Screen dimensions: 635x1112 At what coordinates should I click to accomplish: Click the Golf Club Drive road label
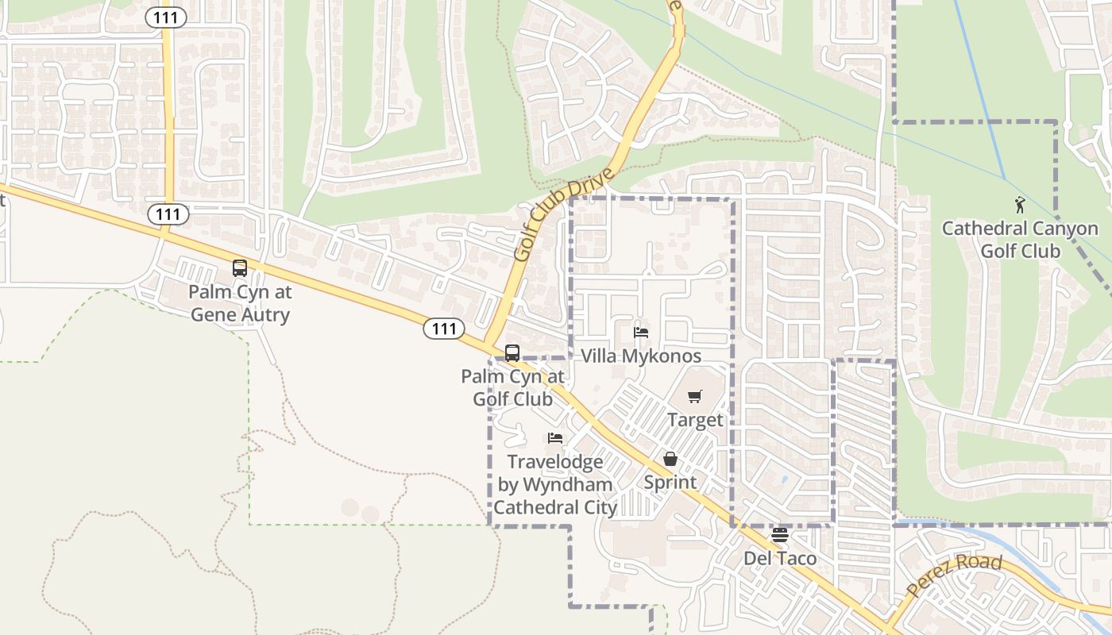tap(565, 214)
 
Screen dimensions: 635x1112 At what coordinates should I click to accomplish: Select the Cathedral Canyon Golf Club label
tap(1021, 240)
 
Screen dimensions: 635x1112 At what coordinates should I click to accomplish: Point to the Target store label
tap(695, 420)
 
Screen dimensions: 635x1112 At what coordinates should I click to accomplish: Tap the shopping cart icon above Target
tap(695, 396)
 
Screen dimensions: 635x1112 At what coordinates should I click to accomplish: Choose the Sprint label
tap(670, 482)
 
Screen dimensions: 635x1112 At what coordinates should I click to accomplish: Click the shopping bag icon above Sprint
tap(670, 459)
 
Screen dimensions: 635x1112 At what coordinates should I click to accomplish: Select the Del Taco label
tap(779, 558)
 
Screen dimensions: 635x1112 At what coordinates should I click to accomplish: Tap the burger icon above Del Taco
tap(779, 535)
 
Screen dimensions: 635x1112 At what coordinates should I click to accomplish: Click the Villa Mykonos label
tap(641, 356)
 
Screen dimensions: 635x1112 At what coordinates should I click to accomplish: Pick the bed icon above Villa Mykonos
tap(641, 333)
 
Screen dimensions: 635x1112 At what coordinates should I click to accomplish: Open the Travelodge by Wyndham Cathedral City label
tap(556, 484)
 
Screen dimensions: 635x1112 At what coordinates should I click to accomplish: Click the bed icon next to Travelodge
tap(555, 438)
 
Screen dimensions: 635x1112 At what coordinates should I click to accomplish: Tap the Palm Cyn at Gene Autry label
tap(240, 303)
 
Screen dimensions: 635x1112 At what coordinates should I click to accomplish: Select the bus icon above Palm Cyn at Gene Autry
tap(240, 268)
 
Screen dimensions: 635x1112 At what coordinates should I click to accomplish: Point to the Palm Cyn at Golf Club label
tap(513, 387)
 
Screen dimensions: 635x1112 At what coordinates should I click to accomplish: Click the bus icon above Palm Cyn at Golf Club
tap(512, 353)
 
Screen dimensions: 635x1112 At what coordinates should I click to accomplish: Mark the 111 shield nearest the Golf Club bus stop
tap(443, 328)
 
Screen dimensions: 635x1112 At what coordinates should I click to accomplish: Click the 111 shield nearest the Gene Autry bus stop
tap(168, 214)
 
